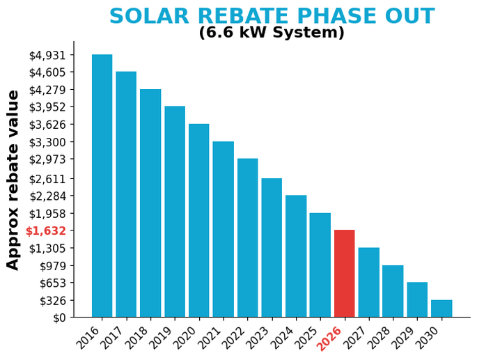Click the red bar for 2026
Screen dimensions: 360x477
click(344, 274)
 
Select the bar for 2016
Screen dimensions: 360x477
click(102, 186)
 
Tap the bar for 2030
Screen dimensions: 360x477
click(441, 308)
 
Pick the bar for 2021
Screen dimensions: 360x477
click(223, 229)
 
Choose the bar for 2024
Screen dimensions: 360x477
click(296, 256)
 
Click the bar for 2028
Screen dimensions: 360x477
click(393, 291)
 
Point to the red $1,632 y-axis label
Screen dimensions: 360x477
click(46, 231)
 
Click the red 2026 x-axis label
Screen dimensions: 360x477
click(329, 339)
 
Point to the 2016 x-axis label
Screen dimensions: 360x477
click(88, 338)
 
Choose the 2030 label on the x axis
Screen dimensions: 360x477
click(427, 338)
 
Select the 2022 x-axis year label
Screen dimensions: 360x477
click(233, 338)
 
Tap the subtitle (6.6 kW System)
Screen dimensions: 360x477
click(272, 33)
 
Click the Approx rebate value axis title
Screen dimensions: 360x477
click(13, 180)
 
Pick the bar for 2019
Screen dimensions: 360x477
click(175, 212)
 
